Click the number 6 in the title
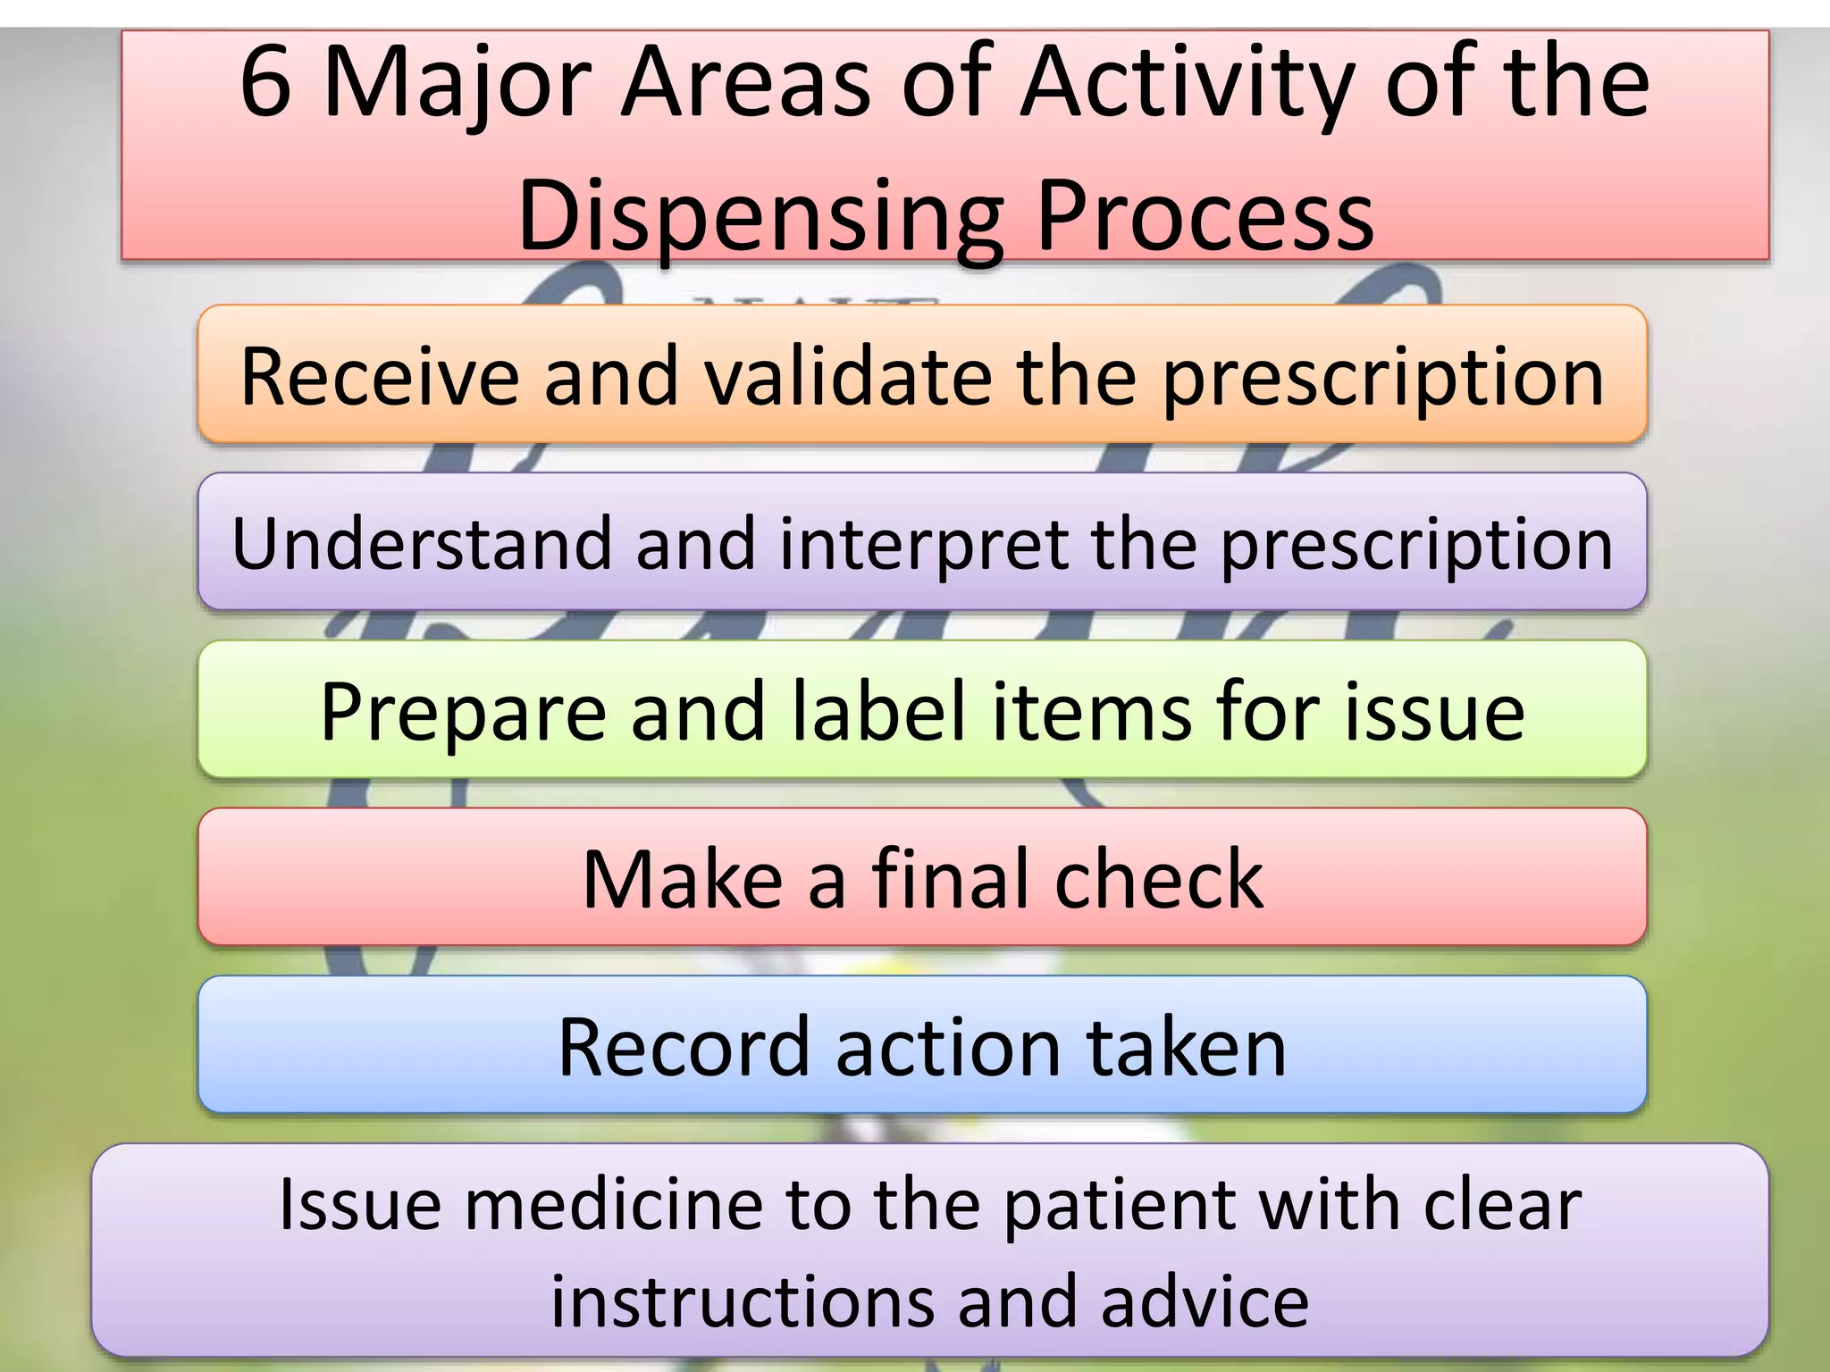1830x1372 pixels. pyautogui.click(x=266, y=82)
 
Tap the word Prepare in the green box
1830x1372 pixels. pyautogui.click(x=463, y=712)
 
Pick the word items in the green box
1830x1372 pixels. pyautogui.click(x=1092, y=712)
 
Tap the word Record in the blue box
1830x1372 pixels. pyautogui.click(x=684, y=1047)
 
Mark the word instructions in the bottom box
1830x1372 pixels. pyautogui.click(x=742, y=1301)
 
